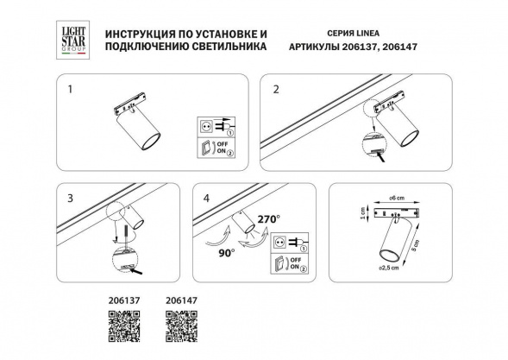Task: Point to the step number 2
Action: point(275,89)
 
